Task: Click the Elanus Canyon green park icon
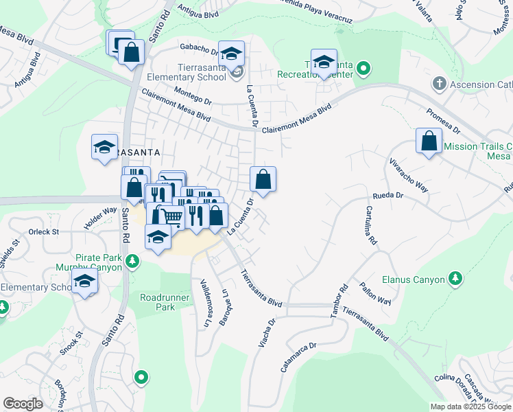point(454,278)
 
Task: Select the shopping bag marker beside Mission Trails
point(429,141)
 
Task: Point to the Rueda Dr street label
point(387,196)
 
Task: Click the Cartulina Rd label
point(371,226)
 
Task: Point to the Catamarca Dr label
point(300,358)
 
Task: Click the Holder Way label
point(100,219)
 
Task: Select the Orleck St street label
point(44,232)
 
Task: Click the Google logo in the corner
point(23,404)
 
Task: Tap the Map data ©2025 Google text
point(470,407)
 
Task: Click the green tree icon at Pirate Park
point(133,261)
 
